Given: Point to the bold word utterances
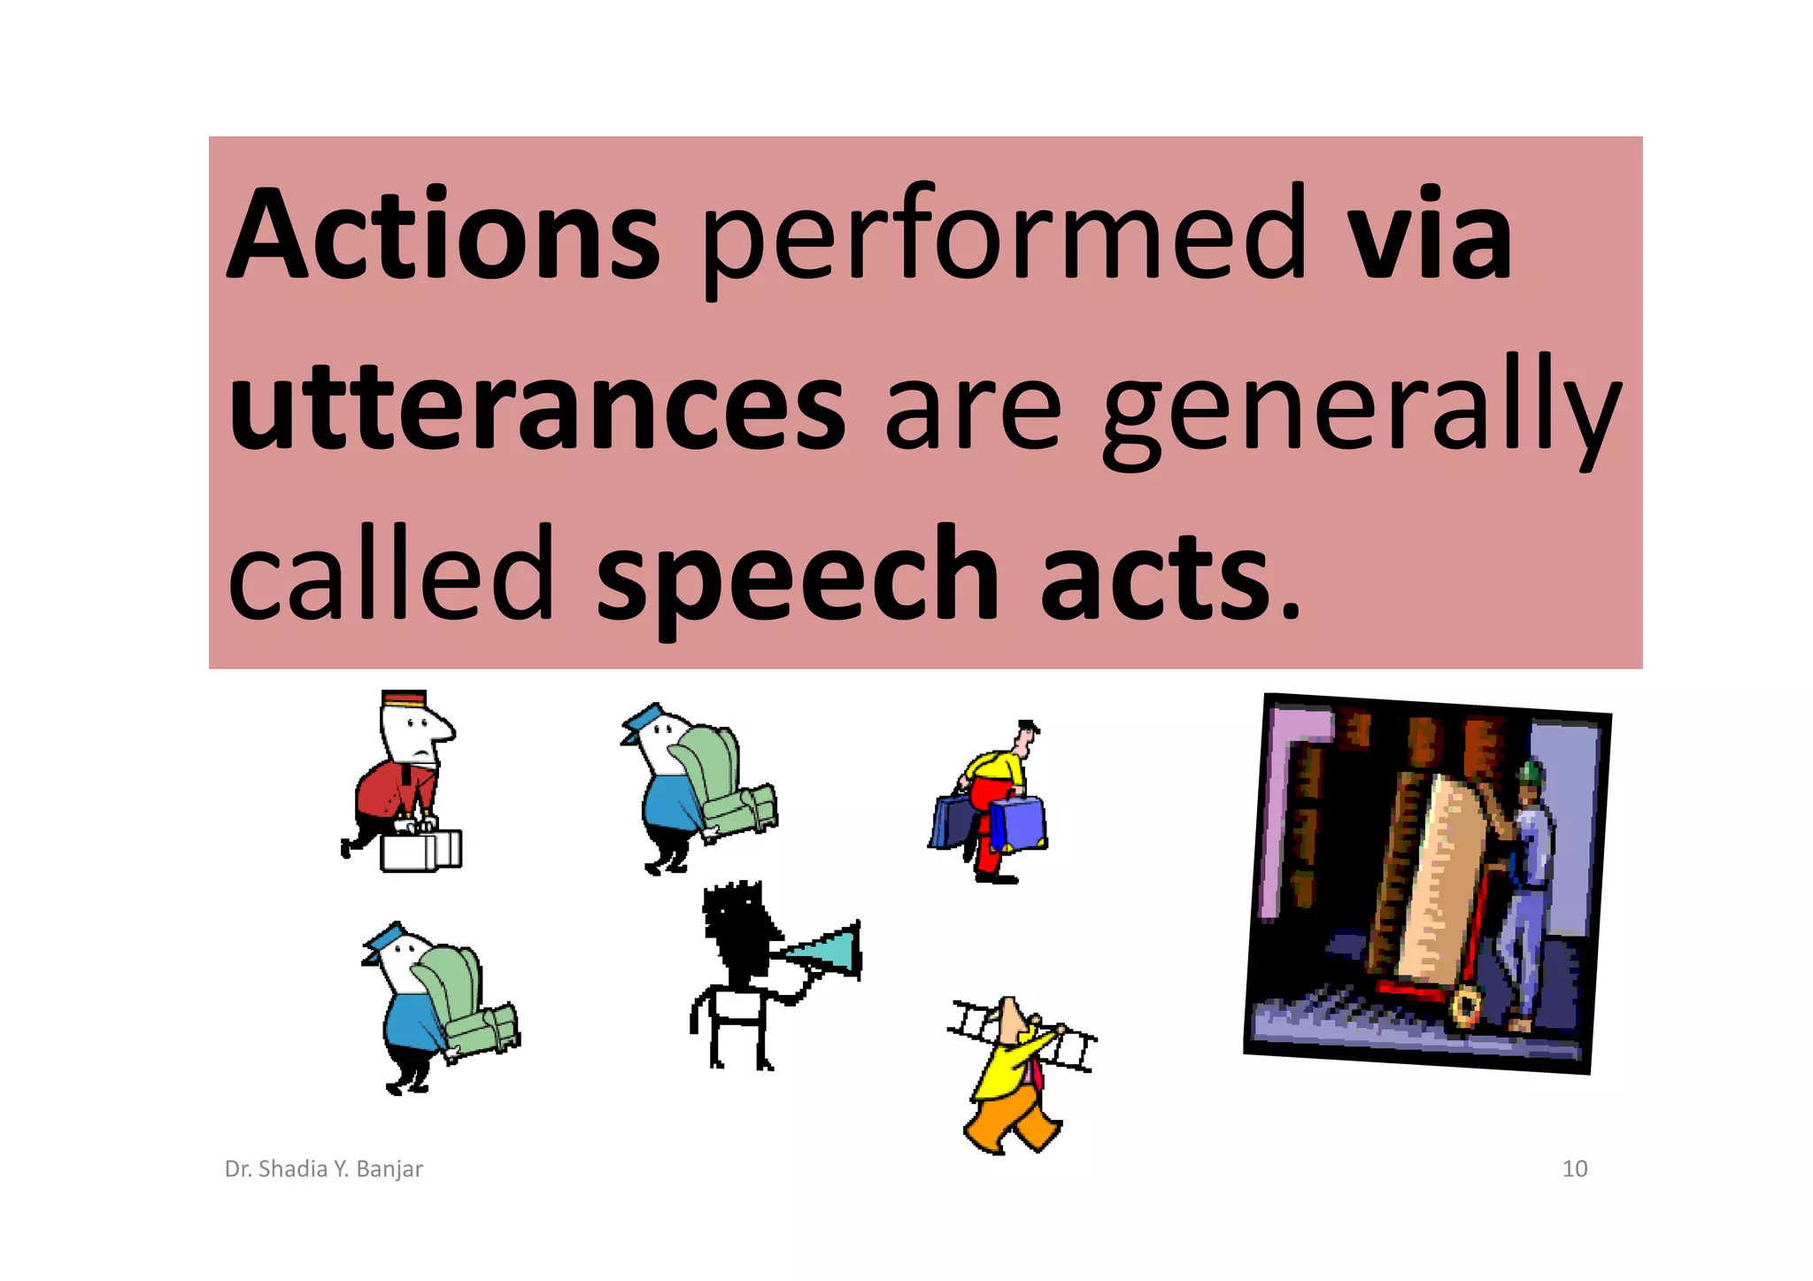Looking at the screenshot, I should click(536, 407).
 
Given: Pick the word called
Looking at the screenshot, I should click(390, 575).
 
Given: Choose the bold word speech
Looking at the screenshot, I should click(797, 575).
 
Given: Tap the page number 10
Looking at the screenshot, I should click(1575, 1169).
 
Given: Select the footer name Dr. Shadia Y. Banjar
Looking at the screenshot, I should click(324, 1169).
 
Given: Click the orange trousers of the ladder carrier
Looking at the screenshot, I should click(1009, 1120).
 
